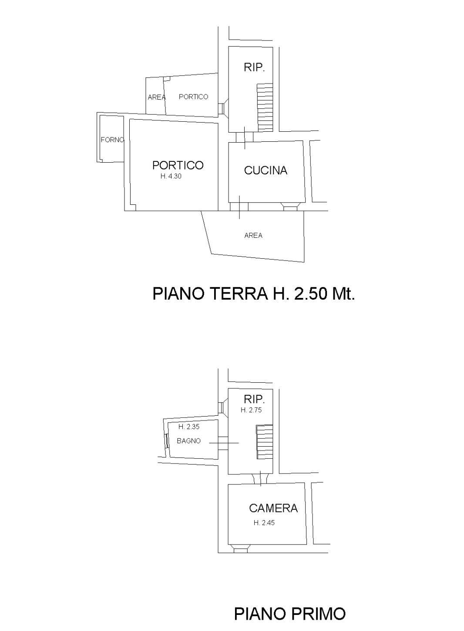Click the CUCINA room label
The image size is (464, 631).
(x=266, y=170)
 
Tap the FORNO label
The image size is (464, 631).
(x=112, y=140)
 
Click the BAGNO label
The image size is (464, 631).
(x=188, y=441)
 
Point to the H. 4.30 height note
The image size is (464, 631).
(x=171, y=177)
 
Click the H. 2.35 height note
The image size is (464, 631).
(x=189, y=427)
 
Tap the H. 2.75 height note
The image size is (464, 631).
(x=251, y=410)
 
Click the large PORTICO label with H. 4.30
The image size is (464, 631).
(x=178, y=165)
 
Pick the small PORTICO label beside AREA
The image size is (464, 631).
(x=193, y=97)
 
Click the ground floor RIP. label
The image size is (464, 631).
(x=254, y=67)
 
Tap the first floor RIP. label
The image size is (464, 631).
(x=254, y=399)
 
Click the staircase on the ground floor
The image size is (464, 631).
(x=265, y=107)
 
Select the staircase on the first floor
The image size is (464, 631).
(x=264, y=442)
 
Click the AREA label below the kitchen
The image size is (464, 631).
(x=253, y=236)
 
